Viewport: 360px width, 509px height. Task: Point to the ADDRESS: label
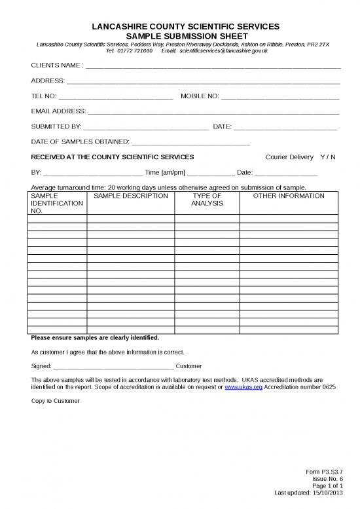pos(48,81)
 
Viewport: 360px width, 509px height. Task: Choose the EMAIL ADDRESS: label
pos(58,111)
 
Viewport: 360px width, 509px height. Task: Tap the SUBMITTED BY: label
pos(56,126)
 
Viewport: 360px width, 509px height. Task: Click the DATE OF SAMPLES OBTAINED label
pos(81,141)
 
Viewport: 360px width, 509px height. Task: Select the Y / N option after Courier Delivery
pos(327,157)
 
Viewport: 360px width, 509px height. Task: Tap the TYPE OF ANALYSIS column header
pos(207,200)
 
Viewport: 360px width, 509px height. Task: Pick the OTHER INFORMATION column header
pos(289,196)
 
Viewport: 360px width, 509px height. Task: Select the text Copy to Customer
pos(55,401)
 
